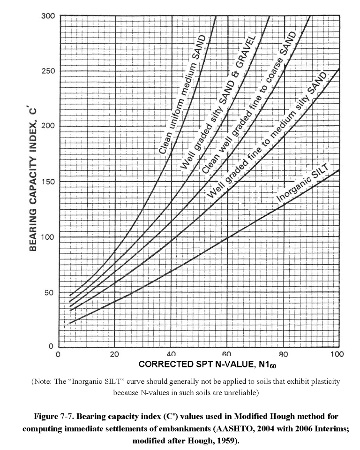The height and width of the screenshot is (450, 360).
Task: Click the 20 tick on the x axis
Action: pyautogui.click(x=114, y=354)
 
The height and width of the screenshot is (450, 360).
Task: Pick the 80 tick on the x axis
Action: pyautogui.click(x=283, y=354)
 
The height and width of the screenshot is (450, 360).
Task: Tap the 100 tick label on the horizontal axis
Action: pyautogui.click(x=337, y=354)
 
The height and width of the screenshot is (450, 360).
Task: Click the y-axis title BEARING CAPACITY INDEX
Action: pyautogui.click(x=34, y=178)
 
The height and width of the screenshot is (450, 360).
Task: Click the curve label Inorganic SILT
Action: pyautogui.click(x=301, y=183)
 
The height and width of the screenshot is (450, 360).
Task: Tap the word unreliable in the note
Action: pyautogui.click(x=240, y=392)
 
